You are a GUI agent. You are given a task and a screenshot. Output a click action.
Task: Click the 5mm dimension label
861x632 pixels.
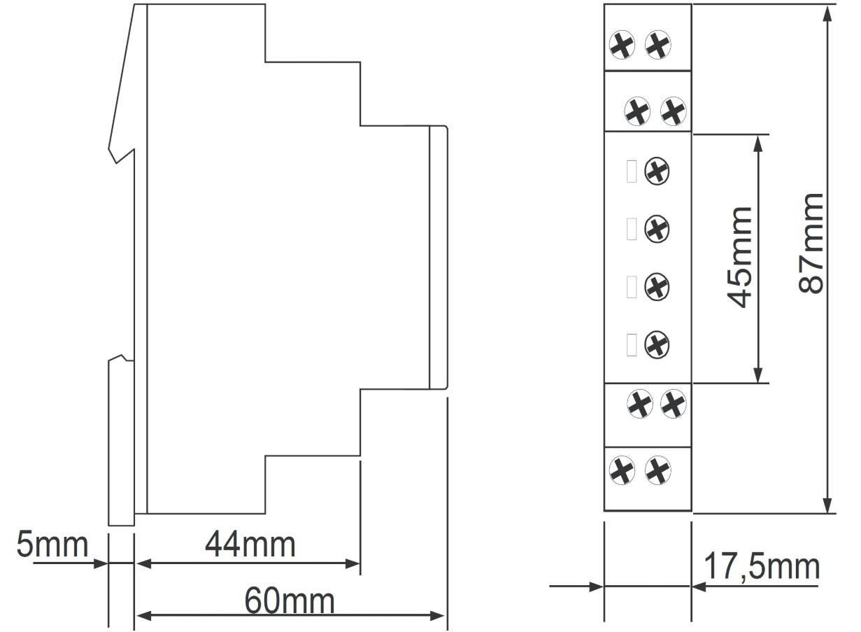(x=52, y=545)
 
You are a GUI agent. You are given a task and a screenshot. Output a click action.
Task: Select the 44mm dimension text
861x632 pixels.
(x=250, y=545)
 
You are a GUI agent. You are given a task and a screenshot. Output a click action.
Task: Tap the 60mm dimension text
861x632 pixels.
(x=290, y=601)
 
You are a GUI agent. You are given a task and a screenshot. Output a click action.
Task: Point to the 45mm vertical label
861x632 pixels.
(x=739, y=258)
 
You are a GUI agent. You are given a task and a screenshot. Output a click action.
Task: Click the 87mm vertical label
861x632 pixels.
(x=810, y=244)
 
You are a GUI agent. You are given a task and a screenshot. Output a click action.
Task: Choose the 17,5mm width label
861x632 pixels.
(x=762, y=567)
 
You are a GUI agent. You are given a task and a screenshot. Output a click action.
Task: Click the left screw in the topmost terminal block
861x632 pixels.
(x=622, y=45)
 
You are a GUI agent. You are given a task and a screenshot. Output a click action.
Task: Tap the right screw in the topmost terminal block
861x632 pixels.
(x=658, y=45)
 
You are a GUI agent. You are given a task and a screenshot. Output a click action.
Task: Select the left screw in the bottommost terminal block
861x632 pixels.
(x=622, y=470)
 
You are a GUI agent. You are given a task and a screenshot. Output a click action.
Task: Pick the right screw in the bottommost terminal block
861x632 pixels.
(x=658, y=470)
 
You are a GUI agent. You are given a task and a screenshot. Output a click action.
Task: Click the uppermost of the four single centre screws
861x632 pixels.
(x=657, y=171)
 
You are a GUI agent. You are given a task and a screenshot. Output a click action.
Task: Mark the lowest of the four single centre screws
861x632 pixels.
(x=657, y=344)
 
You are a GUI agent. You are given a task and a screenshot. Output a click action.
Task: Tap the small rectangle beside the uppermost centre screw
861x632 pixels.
(x=632, y=171)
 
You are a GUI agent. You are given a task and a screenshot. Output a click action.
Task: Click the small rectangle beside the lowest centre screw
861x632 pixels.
(x=632, y=344)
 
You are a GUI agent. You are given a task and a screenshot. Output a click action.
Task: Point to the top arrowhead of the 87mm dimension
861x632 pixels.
(x=828, y=13)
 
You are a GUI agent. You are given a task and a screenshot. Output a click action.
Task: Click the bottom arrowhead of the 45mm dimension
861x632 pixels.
(x=758, y=375)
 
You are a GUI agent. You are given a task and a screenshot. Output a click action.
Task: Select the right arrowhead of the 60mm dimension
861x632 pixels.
(x=437, y=616)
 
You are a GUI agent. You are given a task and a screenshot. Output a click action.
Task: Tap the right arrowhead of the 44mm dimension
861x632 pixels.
(x=353, y=564)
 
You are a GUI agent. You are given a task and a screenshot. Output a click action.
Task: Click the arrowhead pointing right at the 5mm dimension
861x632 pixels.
(x=101, y=564)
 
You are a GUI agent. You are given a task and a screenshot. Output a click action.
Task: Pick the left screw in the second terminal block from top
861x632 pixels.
(x=637, y=111)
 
